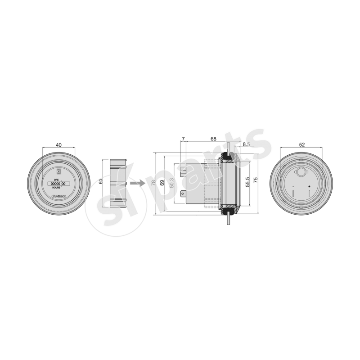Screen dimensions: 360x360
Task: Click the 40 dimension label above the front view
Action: [x=58, y=145]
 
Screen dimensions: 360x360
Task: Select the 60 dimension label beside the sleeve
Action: [x=101, y=181]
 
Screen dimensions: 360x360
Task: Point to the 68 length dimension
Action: [x=213, y=139]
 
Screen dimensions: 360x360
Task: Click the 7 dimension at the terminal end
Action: [x=183, y=139]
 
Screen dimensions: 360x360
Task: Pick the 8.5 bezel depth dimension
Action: [x=246, y=144]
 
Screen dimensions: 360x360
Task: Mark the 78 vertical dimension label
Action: [x=153, y=183]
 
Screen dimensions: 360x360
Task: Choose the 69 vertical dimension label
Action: [x=162, y=183]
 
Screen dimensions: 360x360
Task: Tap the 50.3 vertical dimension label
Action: [x=171, y=183]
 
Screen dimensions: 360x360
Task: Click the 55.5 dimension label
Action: [x=247, y=182]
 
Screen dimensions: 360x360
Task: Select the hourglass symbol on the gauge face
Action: [x=58, y=171]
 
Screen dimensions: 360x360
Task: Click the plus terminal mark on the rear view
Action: [x=309, y=186]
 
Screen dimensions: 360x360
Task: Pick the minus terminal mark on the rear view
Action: [x=293, y=186]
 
